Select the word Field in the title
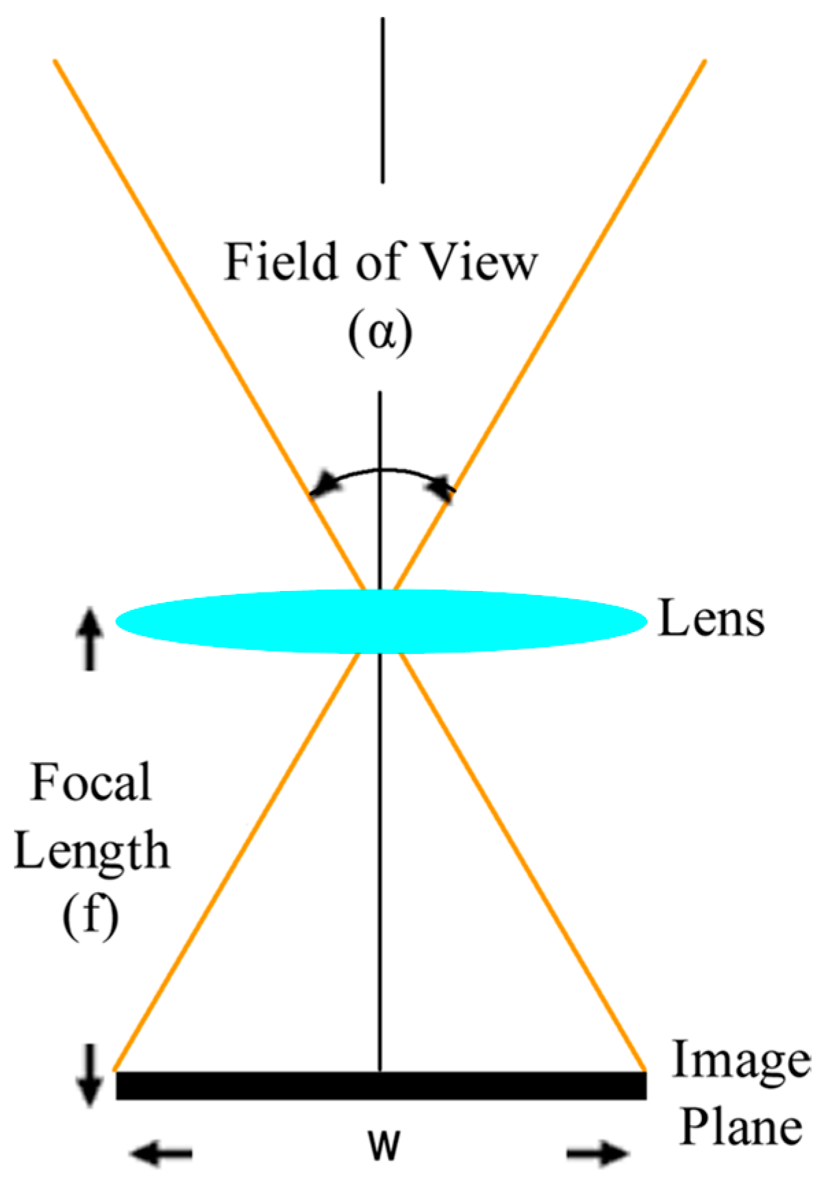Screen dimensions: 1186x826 (x=281, y=262)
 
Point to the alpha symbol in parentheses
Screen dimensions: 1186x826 (x=380, y=334)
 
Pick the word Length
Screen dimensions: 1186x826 (x=92, y=851)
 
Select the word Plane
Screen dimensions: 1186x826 (x=741, y=1128)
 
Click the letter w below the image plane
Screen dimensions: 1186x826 (x=382, y=1144)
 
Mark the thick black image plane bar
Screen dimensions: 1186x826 (x=381, y=1086)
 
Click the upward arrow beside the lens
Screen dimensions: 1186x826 (x=90, y=640)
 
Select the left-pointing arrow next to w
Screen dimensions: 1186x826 (x=162, y=1155)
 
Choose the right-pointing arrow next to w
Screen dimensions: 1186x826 (x=598, y=1155)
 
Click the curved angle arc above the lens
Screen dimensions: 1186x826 (x=381, y=471)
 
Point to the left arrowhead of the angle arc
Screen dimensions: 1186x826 (x=322, y=483)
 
